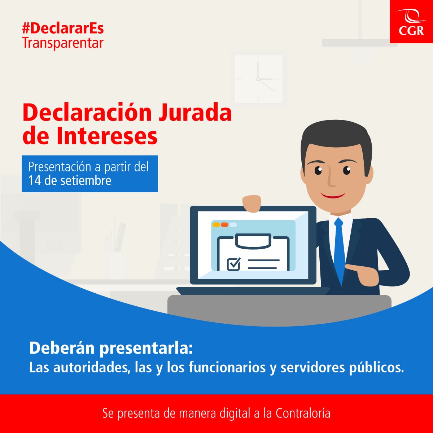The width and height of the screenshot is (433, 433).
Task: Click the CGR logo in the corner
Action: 411,22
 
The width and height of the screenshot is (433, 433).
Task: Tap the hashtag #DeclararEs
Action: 63,28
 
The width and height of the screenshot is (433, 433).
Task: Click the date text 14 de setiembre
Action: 70,180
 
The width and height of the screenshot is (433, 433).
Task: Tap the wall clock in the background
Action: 258,79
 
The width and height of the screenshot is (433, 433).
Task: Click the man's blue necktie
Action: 339,249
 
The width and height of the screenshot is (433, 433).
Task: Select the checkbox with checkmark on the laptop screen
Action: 233,264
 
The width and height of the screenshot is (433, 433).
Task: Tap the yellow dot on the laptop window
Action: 216,225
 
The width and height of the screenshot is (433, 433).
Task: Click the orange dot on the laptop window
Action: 224,225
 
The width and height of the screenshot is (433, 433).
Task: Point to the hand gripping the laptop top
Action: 252,203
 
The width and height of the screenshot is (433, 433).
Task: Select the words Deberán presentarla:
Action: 111,348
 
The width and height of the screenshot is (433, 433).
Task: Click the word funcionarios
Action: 227,367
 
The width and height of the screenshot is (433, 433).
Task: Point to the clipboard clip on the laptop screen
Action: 253,241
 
